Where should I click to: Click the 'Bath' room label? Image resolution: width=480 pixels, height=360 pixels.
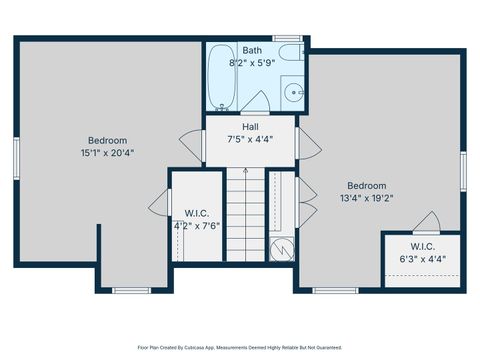pyautogui.click(x=252, y=49)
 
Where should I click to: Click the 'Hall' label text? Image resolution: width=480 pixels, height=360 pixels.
pyautogui.click(x=250, y=126)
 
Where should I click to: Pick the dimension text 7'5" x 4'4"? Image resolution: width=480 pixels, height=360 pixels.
pyautogui.click(x=250, y=139)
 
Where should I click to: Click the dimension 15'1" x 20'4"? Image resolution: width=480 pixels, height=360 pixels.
pyautogui.click(x=108, y=153)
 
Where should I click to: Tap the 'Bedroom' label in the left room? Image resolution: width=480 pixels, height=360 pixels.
pyautogui.click(x=107, y=140)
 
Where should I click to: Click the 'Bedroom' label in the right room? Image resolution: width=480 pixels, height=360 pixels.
pyautogui.click(x=367, y=185)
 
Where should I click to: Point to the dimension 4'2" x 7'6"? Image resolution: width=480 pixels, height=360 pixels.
pyautogui.click(x=195, y=225)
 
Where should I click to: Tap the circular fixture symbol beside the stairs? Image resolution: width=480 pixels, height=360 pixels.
pyautogui.click(x=283, y=247)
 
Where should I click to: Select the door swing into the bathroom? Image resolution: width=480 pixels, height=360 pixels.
pyautogui.click(x=254, y=101)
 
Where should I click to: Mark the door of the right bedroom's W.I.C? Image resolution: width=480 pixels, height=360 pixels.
pyautogui.click(x=428, y=222)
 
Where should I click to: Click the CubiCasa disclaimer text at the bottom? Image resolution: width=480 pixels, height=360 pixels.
pyautogui.click(x=240, y=347)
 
